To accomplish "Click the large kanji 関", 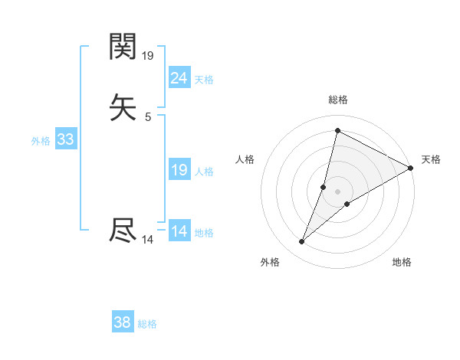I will [123, 47].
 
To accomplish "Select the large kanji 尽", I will [123, 231].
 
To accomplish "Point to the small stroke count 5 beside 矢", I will [148, 117].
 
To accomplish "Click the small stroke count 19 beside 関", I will [148, 56].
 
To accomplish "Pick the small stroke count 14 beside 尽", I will [148, 240].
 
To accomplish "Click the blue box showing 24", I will [179, 77].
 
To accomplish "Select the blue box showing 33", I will [65, 139].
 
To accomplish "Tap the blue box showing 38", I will [122, 322].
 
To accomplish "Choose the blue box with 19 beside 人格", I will [179, 170].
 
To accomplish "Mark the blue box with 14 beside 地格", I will [179, 231].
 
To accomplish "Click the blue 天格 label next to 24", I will [204, 79].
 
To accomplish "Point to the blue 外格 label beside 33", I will [41, 141].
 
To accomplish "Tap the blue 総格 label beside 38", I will [147, 324].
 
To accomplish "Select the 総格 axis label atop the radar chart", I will [338, 100].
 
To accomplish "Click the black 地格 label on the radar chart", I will [402, 263].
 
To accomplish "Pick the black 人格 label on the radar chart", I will [245, 159].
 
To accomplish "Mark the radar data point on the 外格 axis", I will [302, 242].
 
